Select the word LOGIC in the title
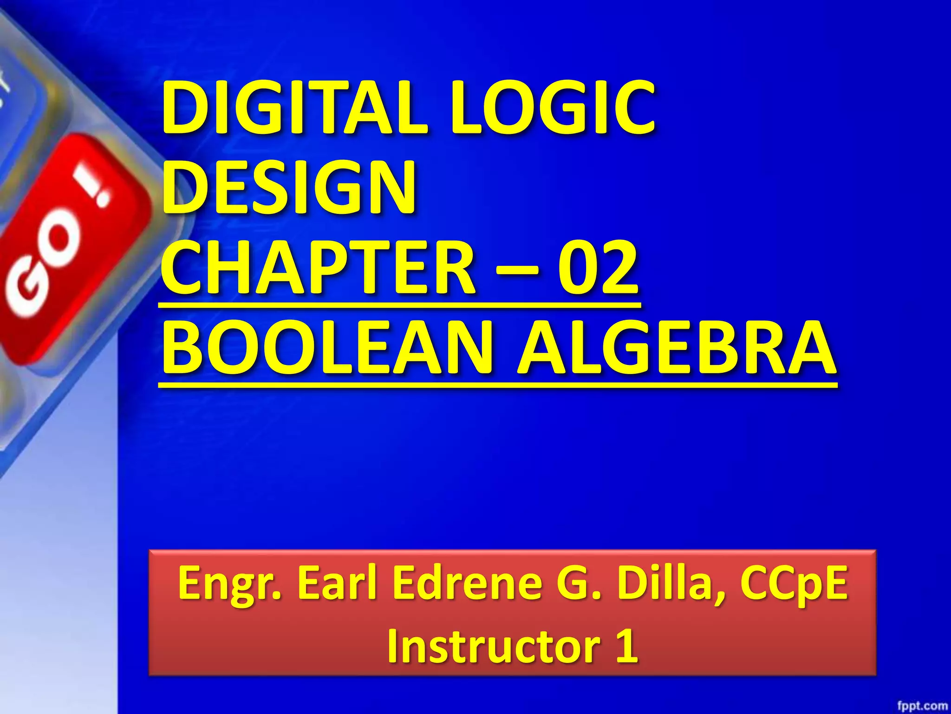(553, 108)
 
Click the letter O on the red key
(60, 242)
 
